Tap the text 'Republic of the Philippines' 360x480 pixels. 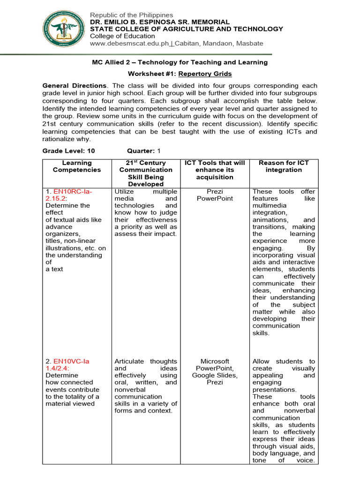click(131, 15)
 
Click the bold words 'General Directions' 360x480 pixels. click(74, 86)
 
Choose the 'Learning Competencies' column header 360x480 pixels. click(76, 166)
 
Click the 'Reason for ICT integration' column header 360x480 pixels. click(284, 166)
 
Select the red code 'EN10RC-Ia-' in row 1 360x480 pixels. click(73, 191)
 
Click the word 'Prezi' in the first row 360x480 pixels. click(215, 191)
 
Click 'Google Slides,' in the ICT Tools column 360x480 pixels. click(215, 375)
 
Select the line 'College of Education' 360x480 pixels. click(122, 36)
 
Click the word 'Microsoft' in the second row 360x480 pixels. click(215, 361)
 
